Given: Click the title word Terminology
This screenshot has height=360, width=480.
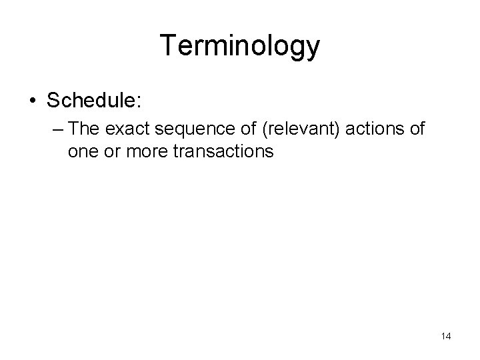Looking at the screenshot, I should [240, 46].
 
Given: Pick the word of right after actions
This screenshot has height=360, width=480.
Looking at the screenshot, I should [415, 129].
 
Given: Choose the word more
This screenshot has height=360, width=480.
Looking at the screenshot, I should [146, 152].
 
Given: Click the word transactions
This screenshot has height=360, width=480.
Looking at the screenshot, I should [223, 151].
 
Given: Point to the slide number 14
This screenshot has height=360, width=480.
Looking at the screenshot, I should [446, 336].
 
